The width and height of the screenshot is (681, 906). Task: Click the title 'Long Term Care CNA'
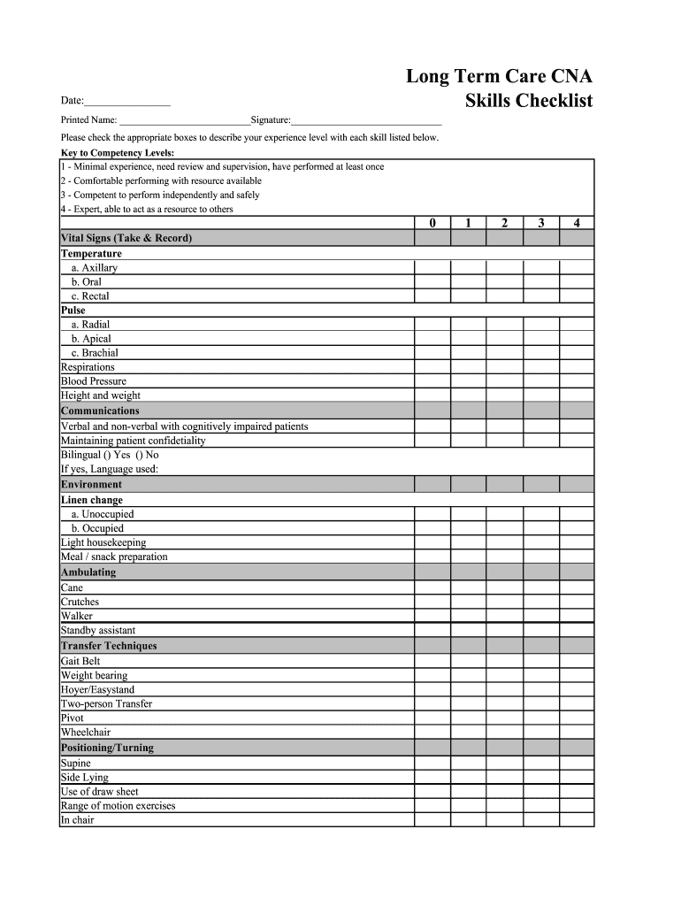coord(499,76)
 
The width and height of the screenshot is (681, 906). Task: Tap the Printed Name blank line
coord(184,120)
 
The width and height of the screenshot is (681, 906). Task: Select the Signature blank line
coord(366,120)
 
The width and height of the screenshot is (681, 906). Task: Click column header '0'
coord(432,224)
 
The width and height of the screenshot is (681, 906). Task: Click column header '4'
coord(577,224)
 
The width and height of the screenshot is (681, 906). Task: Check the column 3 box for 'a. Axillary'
coord(540,267)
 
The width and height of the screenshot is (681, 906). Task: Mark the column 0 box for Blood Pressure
coord(432,381)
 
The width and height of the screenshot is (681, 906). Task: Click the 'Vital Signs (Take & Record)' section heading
coord(126,238)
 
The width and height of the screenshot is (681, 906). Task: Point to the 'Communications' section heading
coord(100,411)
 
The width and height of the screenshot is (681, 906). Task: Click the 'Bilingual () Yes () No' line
coord(110,455)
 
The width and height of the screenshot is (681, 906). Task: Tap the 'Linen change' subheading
coord(92,500)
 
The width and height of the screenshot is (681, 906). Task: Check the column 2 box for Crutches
coord(504,602)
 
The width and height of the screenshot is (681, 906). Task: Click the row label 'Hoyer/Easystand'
coord(97,689)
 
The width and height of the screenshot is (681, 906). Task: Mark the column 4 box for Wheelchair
coord(577,733)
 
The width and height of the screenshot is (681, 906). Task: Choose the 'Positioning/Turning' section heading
coord(107,748)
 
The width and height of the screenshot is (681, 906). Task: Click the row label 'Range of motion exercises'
coord(118,806)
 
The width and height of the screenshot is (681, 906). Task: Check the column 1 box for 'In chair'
coord(468,820)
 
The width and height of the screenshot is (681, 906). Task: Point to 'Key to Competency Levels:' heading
coord(117,153)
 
